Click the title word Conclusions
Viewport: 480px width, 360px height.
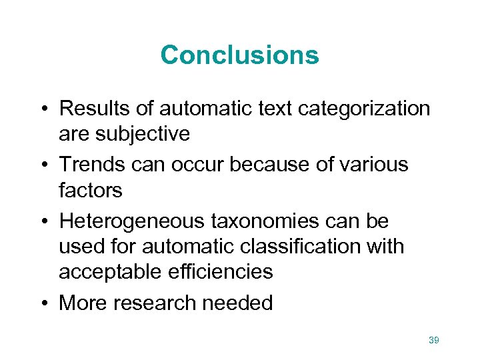click(x=239, y=55)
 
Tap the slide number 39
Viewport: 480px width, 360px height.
click(x=434, y=341)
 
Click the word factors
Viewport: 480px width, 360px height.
click(x=91, y=191)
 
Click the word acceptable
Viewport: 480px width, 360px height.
click(x=106, y=272)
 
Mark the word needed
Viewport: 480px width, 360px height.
click(x=237, y=303)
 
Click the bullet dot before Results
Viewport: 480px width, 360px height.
click(x=42, y=108)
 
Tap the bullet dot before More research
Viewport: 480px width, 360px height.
click(x=42, y=303)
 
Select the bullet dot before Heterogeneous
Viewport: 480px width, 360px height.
click(x=42, y=220)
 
